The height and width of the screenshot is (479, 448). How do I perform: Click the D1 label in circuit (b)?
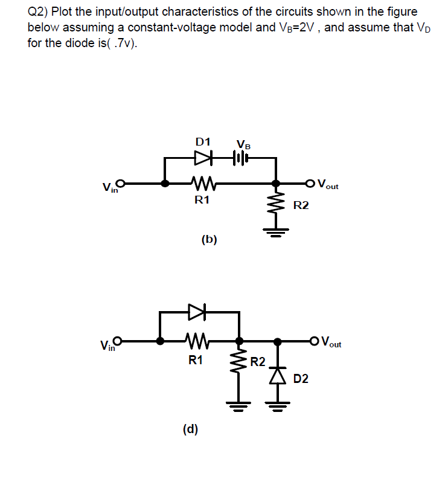[203, 142]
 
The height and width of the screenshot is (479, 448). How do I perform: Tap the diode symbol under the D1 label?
[203, 158]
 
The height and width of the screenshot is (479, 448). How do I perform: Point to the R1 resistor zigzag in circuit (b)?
[200, 182]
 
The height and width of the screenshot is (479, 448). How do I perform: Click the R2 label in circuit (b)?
[301, 206]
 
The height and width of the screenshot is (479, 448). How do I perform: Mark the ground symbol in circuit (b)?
[277, 230]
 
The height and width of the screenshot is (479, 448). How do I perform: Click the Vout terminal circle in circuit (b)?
[311, 182]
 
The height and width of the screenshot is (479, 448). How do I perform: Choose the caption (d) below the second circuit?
[190, 429]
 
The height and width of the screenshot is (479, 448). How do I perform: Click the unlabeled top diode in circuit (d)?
[197, 312]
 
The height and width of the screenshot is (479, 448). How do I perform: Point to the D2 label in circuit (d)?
[301, 379]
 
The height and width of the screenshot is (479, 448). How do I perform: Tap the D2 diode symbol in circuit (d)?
[278, 375]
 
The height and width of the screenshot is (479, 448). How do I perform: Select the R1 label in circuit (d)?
[195, 361]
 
